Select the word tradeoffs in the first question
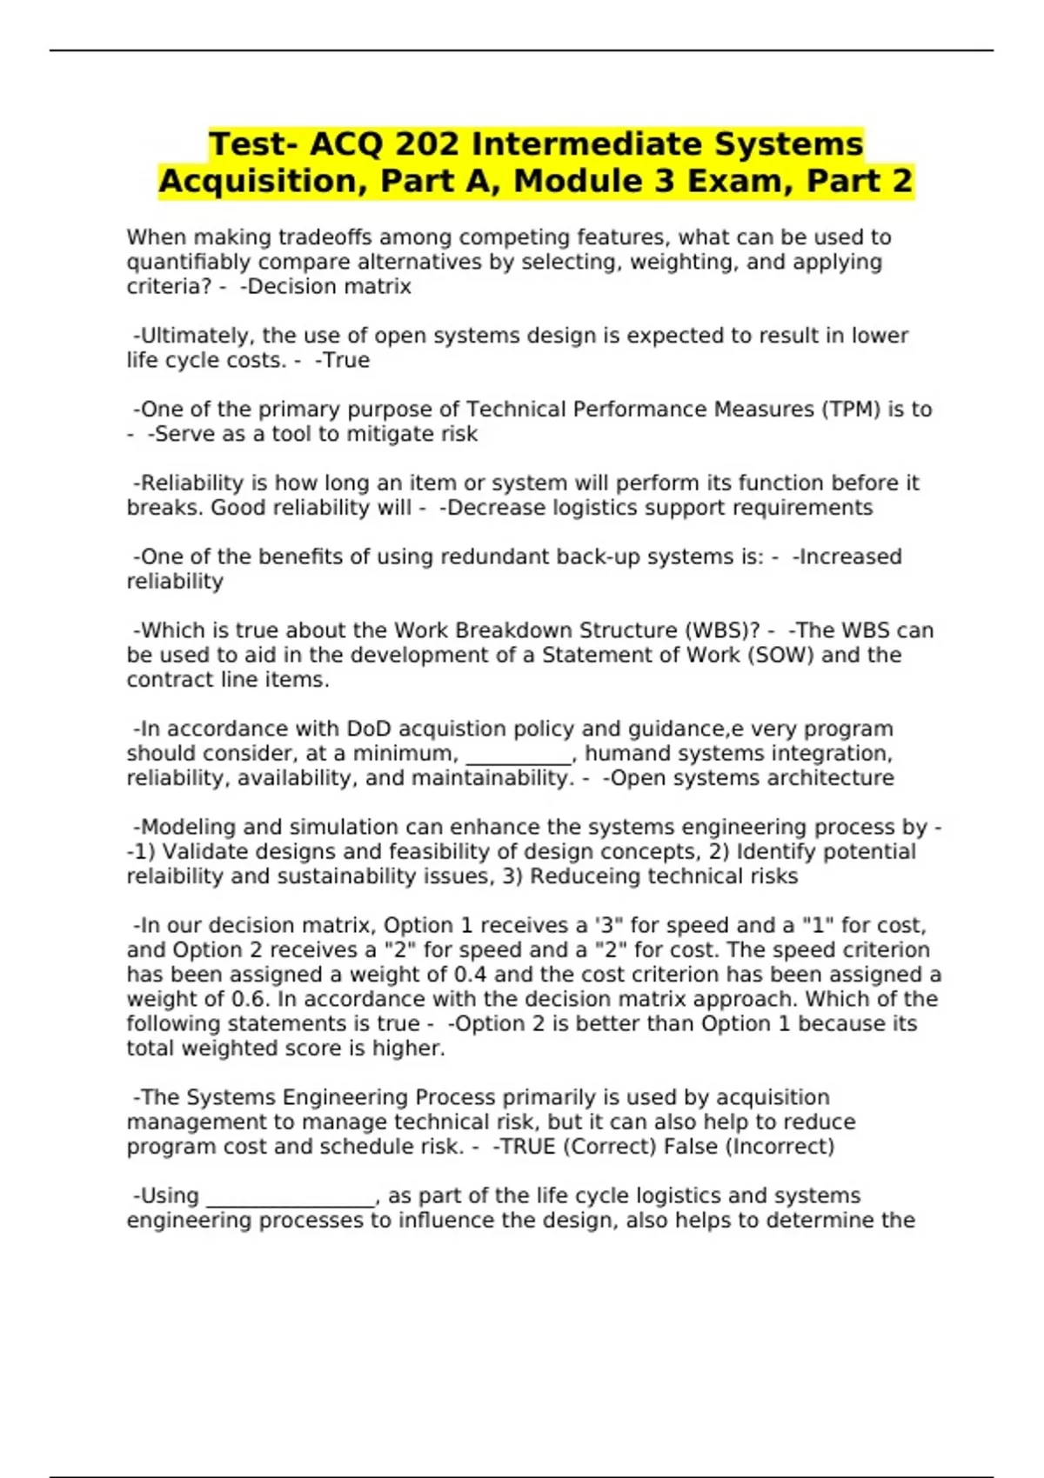351,237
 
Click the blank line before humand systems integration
519,754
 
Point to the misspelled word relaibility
175,876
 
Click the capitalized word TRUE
524,1147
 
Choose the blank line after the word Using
290,1196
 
